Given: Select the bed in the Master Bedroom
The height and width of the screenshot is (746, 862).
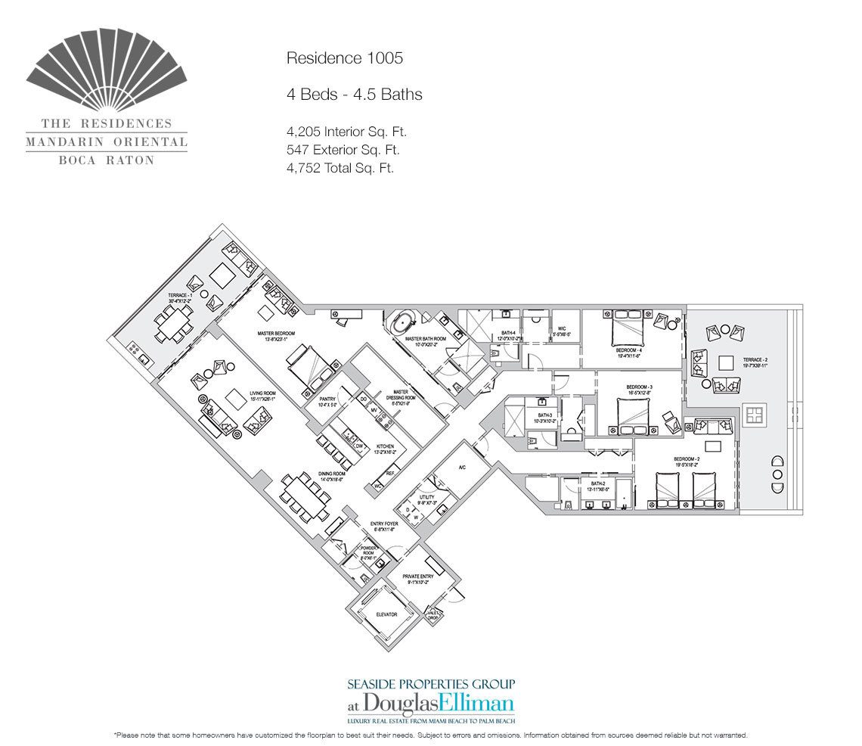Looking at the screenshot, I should (x=309, y=369).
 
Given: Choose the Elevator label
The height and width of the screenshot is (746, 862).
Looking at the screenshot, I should (x=386, y=614).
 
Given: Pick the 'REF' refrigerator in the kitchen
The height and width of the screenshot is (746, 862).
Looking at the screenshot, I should (x=390, y=474).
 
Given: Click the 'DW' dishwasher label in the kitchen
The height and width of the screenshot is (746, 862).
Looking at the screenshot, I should (x=360, y=446).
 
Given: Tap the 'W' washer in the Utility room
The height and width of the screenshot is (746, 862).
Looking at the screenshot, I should (x=415, y=518).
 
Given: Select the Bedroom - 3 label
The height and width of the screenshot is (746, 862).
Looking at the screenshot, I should (x=639, y=387).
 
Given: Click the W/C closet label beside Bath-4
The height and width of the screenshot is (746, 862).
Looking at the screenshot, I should (x=563, y=329).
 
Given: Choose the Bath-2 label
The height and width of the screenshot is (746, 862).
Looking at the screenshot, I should (x=598, y=483).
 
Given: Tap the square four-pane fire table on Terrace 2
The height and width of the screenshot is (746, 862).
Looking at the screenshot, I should (x=754, y=414).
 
